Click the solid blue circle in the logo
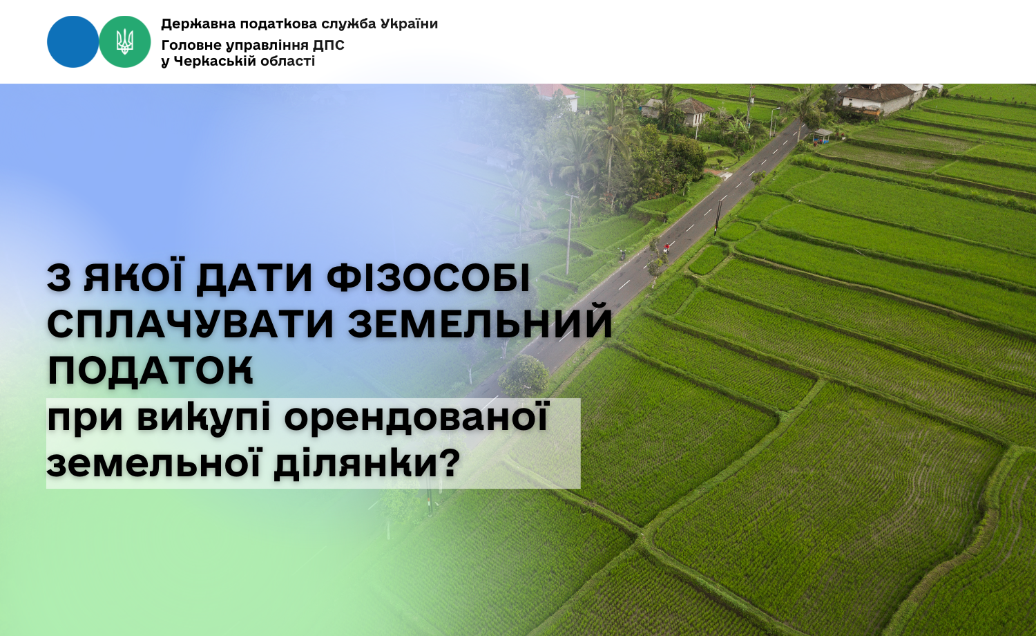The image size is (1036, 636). click(73, 41)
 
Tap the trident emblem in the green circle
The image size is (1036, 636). click(124, 41)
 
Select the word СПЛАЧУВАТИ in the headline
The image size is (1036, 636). click(190, 324)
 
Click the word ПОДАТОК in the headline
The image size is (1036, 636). click(151, 371)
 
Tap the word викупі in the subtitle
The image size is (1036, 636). click(204, 420)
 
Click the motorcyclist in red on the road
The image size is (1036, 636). click(666, 247)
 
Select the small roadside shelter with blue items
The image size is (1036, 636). click(823, 135)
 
